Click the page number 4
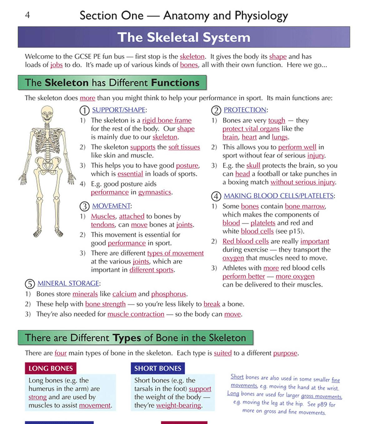tap(27, 15)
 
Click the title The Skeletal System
tap(184, 37)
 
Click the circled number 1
tap(84, 110)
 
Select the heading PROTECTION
tap(245, 110)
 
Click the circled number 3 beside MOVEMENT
tap(84, 206)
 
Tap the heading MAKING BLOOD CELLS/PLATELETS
tap(278, 196)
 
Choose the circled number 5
tap(30, 284)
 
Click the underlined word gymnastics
tap(155, 192)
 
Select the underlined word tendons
tap(103, 225)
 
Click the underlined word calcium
tap(124, 294)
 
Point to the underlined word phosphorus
tap(169, 294)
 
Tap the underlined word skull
tap(253, 166)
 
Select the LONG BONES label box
tap(51, 368)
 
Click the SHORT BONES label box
tap(158, 368)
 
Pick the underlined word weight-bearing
tap(178, 406)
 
